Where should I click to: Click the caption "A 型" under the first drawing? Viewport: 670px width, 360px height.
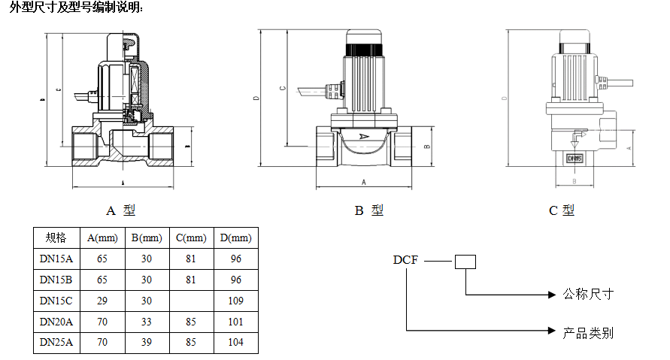click(x=121, y=211)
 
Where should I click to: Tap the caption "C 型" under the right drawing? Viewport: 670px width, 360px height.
click(x=562, y=211)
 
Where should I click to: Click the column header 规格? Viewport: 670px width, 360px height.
click(x=56, y=238)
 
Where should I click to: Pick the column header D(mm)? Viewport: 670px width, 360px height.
click(x=235, y=238)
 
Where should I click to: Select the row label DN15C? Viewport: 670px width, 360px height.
click(x=56, y=301)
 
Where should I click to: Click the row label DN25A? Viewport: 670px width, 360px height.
click(x=56, y=342)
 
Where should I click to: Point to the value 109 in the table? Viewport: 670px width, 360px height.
click(x=235, y=301)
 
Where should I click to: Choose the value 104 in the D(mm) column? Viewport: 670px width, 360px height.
click(x=235, y=342)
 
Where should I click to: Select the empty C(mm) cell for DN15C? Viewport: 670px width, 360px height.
click(x=191, y=301)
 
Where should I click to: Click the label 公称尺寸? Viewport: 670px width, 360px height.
click(x=589, y=294)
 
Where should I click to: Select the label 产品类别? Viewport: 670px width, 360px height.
click(x=589, y=331)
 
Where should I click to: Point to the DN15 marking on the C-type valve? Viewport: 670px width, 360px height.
click(x=575, y=159)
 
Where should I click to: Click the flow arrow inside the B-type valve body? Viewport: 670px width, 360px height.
click(x=364, y=137)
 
